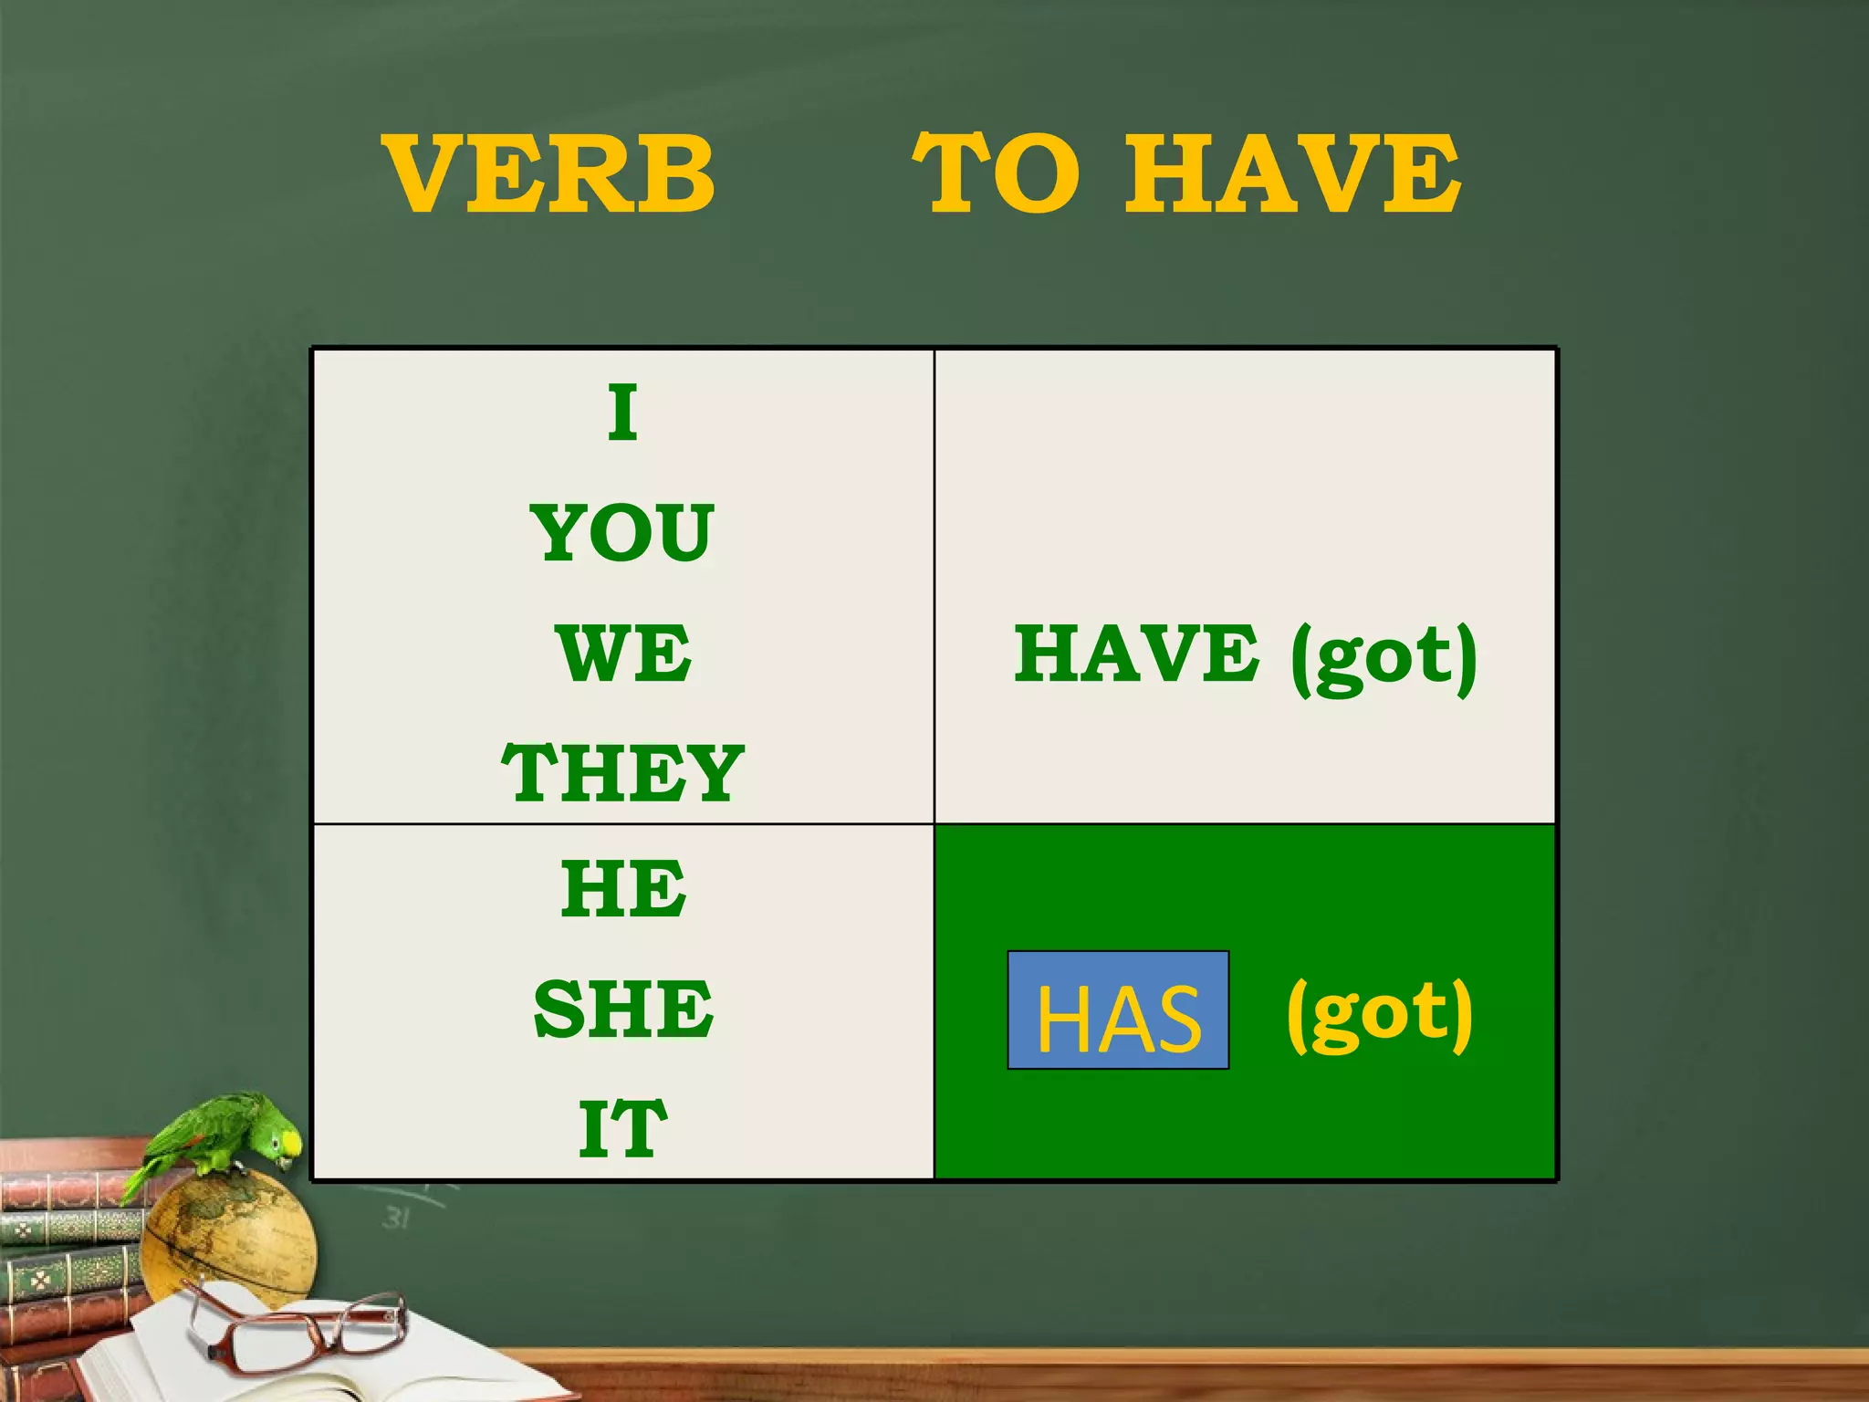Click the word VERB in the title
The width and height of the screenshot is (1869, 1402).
tap(548, 173)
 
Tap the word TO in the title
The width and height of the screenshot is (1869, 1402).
tap(997, 173)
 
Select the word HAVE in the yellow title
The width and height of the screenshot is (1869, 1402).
tap(1292, 173)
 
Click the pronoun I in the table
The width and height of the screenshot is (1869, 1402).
tap(623, 412)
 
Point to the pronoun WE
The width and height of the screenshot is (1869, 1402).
tap(623, 654)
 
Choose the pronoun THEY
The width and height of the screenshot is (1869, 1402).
tap(623, 772)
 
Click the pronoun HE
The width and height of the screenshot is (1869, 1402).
tap(623, 889)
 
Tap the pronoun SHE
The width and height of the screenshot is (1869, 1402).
tap(623, 1009)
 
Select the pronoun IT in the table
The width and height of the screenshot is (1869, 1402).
tap(623, 1129)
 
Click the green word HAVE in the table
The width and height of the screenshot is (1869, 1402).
tap(1136, 654)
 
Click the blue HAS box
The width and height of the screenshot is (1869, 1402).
tap(1118, 1010)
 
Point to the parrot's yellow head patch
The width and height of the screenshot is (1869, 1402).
tap(290, 1142)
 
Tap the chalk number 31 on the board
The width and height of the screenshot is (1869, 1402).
tap(396, 1218)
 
